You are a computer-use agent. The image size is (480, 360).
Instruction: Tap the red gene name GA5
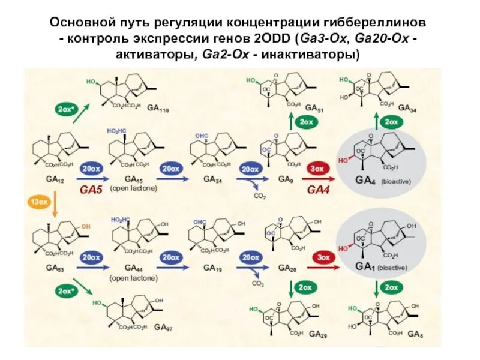coord(92,190)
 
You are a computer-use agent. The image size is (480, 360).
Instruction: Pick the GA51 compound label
coord(314,108)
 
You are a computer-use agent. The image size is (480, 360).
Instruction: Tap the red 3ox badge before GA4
coord(317,169)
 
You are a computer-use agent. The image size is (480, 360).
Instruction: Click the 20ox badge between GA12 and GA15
coord(92,169)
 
